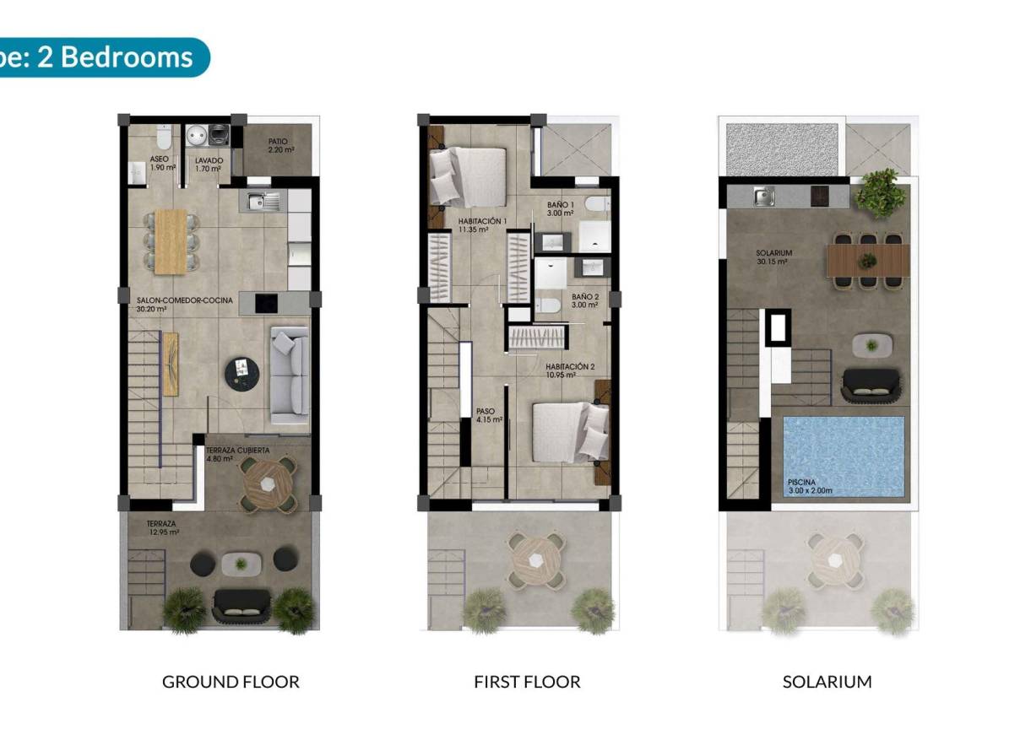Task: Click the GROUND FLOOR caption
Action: tap(231, 682)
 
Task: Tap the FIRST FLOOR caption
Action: tap(527, 682)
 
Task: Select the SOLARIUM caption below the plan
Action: tap(827, 682)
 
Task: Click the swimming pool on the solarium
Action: tap(844, 456)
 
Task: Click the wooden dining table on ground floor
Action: tap(171, 240)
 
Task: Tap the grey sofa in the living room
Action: tap(289, 375)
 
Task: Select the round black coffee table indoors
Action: tap(242, 371)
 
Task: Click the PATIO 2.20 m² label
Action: tap(279, 146)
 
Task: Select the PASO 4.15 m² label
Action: tap(489, 415)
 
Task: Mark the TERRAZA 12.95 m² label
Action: tap(162, 528)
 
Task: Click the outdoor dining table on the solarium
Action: tap(868, 260)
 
